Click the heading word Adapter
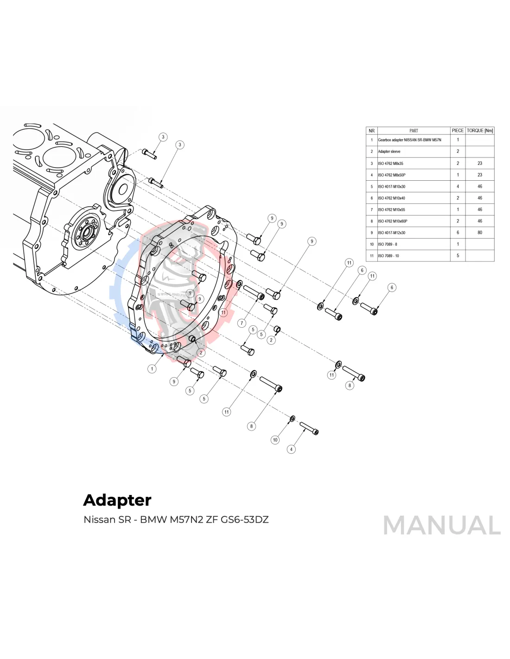click(117, 500)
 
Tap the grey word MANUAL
click(441, 526)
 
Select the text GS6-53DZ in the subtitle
click(245, 519)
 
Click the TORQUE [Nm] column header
click(480, 131)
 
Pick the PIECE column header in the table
click(458, 131)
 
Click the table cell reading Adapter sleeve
click(389, 152)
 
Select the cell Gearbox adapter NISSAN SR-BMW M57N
click(409, 140)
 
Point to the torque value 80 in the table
click(480, 233)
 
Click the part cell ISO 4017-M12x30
click(391, 233)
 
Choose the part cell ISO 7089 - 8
click(388, 244)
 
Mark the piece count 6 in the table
click(458, 233)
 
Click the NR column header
click(372, 131)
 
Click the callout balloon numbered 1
click(152, 369)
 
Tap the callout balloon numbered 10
click(275, 440)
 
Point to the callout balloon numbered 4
click(291, 449)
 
